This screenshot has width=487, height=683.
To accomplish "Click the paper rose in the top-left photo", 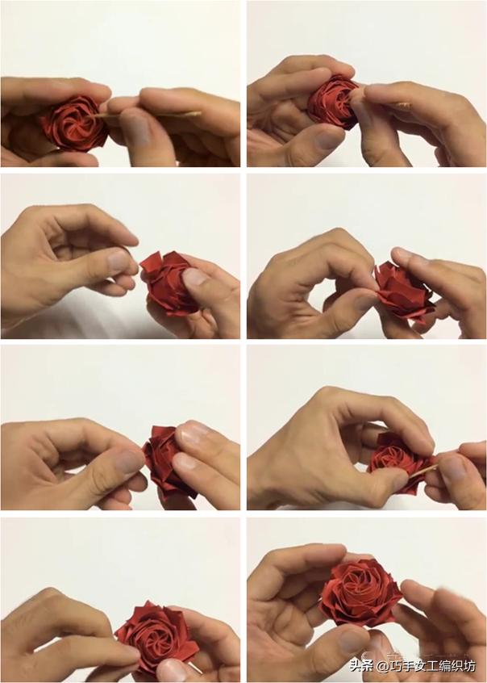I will [73, 123].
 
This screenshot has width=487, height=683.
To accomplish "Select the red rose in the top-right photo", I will [334, 102].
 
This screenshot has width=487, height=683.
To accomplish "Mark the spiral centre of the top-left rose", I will [74, 121].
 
